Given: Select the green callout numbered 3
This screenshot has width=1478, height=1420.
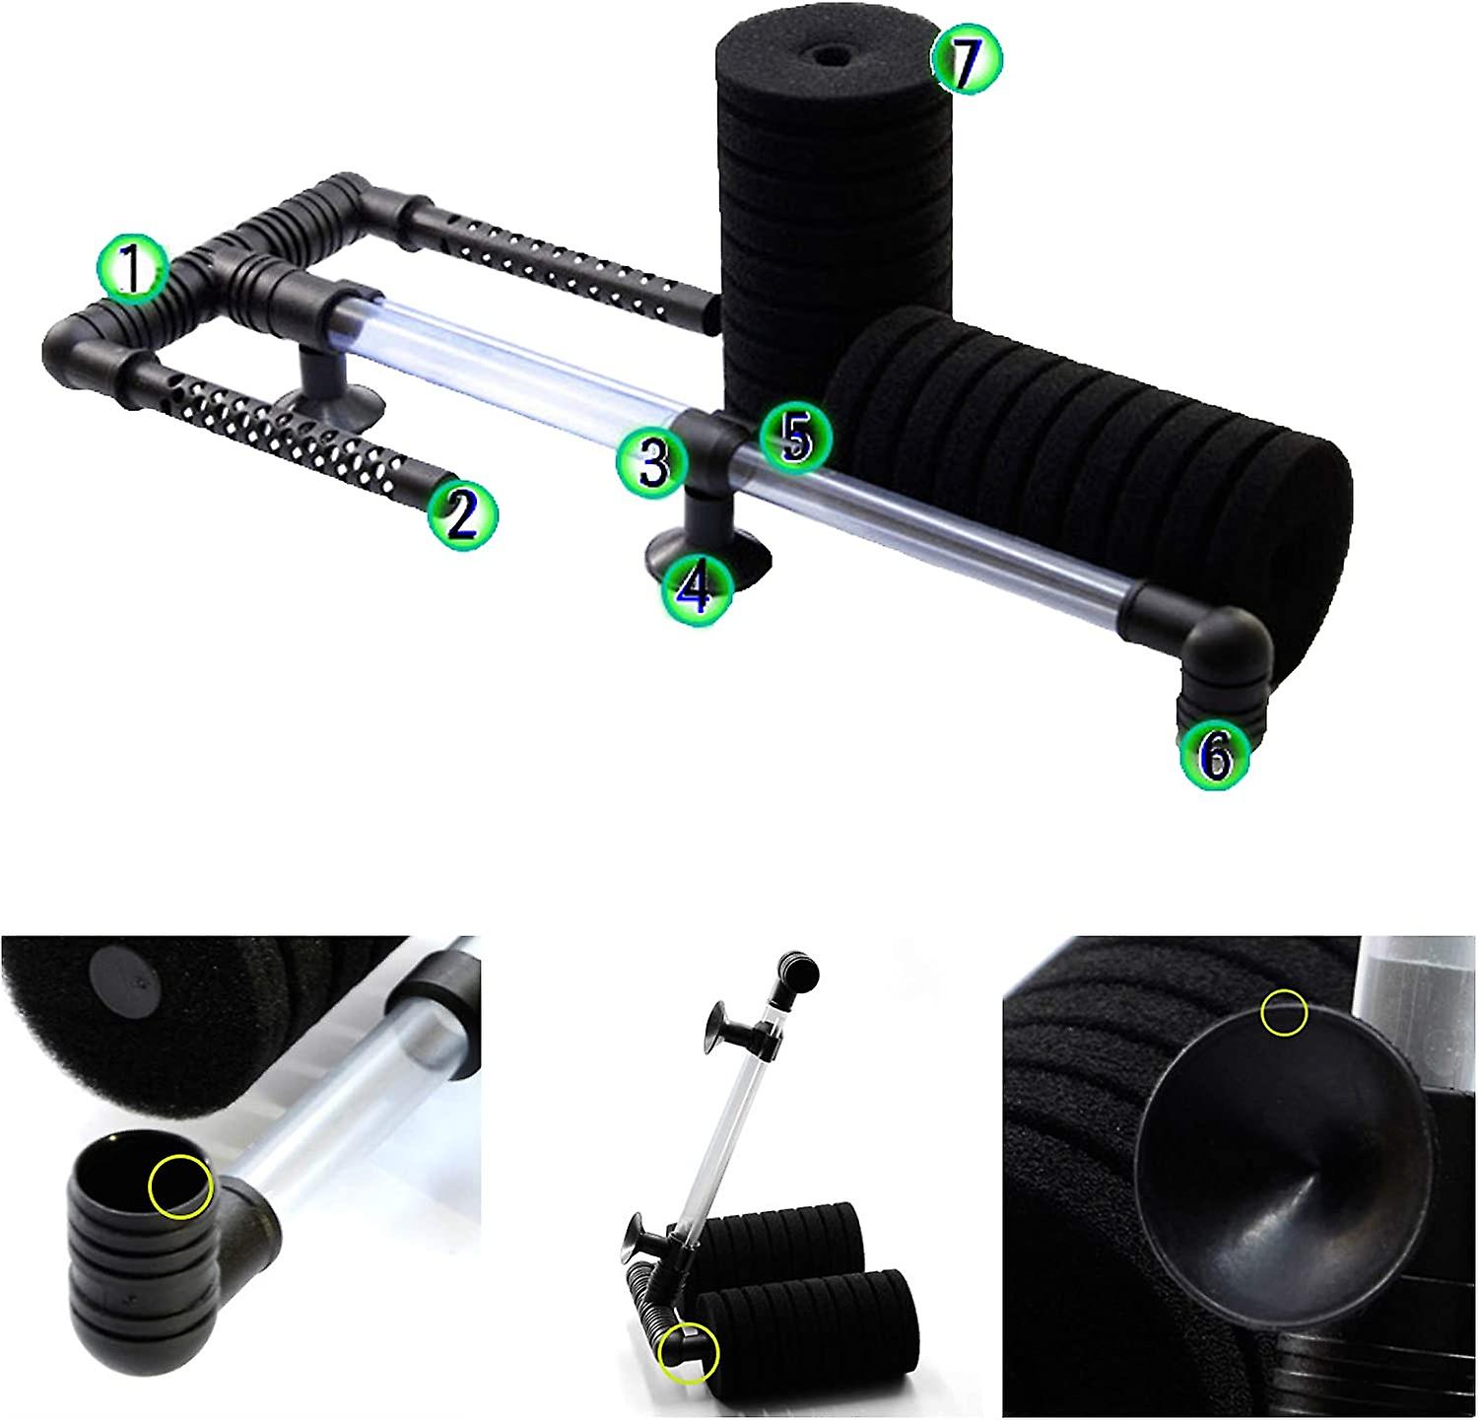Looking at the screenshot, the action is point(650,463).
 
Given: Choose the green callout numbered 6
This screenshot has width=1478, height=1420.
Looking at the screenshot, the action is point(1216,755).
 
